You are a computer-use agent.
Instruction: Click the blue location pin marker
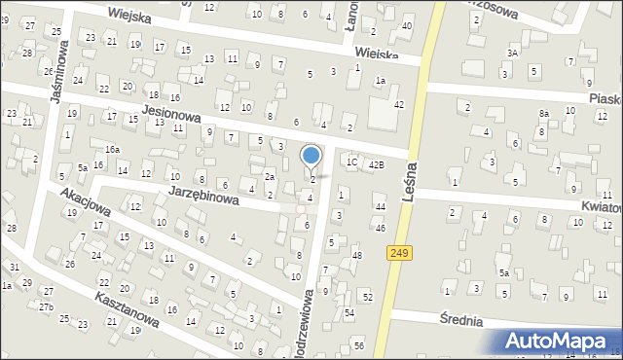[x=311, y=156]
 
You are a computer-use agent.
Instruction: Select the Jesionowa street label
[x=170, y=114]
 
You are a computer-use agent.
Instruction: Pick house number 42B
[x=376, y=164]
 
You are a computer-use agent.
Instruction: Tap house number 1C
[x=351, y=162]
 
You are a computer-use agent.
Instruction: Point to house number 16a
[x=113, y=149]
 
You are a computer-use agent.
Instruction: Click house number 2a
[x=270, y=176]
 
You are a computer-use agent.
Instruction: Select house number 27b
[x=46, y=306]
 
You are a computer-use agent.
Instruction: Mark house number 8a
[x=544, y=114]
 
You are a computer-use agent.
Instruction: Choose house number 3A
[x=511, y=53]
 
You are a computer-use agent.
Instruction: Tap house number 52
[x=367, y=295]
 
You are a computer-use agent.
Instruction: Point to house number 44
[x=381, y=207]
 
